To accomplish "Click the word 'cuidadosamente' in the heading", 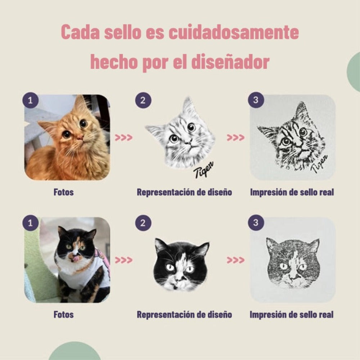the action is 234,32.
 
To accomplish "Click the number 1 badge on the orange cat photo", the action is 30,100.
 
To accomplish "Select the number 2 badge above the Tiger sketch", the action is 143,100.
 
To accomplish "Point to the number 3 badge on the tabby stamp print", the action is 256,100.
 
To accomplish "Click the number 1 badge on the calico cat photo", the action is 30,223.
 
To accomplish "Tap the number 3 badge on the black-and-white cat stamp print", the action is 256,222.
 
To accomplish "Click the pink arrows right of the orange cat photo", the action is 124,138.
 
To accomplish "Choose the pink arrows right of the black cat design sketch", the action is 235,260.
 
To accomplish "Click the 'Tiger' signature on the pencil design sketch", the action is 203,169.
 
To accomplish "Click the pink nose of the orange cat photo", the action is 80,137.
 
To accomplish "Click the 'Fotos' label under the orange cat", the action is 64,192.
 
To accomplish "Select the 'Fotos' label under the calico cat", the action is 64,315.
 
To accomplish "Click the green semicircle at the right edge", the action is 354,72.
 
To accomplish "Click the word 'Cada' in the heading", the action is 80,32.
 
